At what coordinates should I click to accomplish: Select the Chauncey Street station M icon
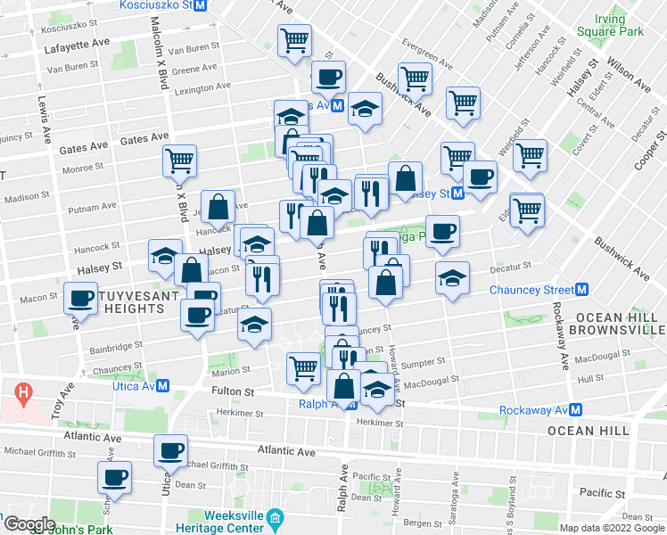tap(582, 290)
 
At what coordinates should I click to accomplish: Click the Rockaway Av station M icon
tap(577, 409)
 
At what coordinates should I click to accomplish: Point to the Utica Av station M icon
tap(163, 386)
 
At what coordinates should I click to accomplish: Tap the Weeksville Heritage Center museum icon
tap(276, 518)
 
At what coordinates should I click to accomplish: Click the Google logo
tap(29, 524)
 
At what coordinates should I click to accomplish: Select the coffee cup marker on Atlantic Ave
tap(170, 450)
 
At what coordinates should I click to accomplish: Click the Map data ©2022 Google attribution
tap(611, 528)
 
